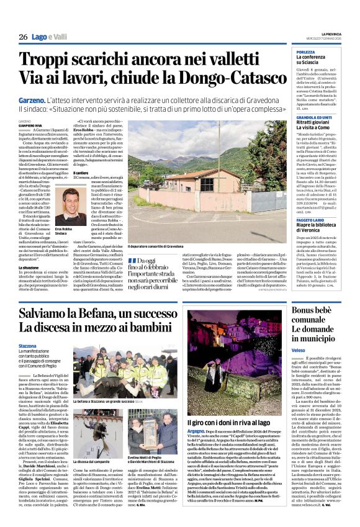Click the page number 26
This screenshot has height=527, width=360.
click(x=23, y=37)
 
